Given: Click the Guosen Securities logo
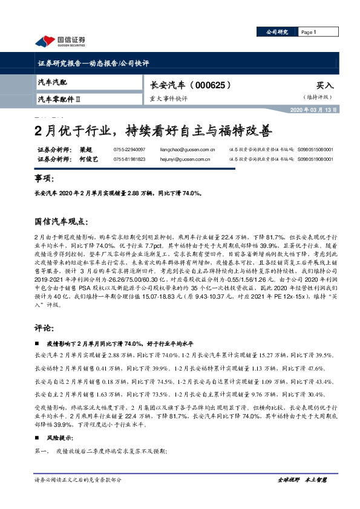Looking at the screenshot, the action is [x=59, y=41].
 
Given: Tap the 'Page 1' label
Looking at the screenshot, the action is [x=309, y=32].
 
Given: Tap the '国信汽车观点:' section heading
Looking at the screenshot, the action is [x=62, y=222].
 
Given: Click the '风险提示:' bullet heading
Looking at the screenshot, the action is [x=59, y=438].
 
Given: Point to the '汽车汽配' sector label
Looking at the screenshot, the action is [x=53, y=82].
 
